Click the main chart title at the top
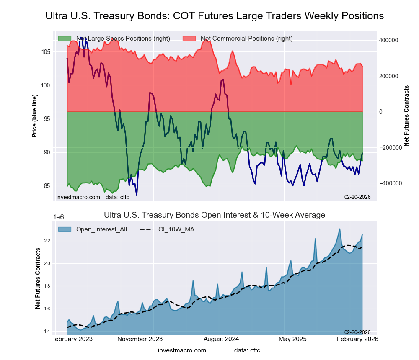coord(214,16)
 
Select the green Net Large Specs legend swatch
coord(65,39)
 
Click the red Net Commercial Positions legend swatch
coord(189,39)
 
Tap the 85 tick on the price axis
coord(47,186)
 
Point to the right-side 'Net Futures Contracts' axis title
coord(406,115)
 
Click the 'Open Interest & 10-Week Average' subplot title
coord(214,215)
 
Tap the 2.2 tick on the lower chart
coord(46,241)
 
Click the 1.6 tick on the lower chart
coord(46,309)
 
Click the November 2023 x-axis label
coord(140,339)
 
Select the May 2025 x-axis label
coord(293,339)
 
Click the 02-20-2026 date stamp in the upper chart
coord(357,197)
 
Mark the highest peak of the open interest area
coord(339,229)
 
